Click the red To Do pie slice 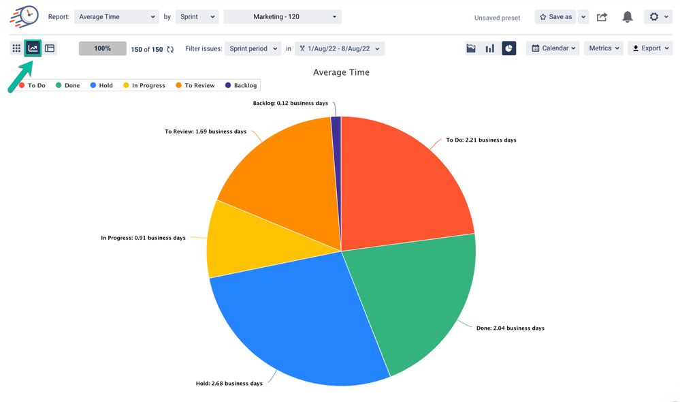[x=402, y=184]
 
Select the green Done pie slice [x=408, y=300]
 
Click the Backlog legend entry [x=241, y=86]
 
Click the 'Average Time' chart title [x=341, y=72]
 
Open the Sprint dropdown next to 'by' [x=197, y=17]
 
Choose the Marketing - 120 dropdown [x=282, y=17]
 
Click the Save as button [x=555, y=17]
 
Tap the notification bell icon [x=628, y=17]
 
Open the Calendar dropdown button [x=553, y=48]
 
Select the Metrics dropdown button [x=604, y=48]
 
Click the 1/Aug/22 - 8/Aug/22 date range [x=340, y=48]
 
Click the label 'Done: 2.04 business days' [x=510, y=328]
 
